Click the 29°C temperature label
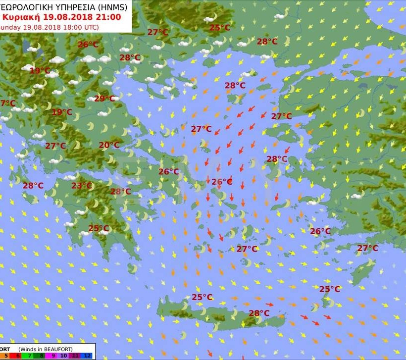(104, 99)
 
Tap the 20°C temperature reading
(109, 145)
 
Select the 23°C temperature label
(82, 186)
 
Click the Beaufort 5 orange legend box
(6, 356)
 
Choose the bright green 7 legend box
(28, 356)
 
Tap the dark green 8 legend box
(39, 356)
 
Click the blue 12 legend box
(87, 356)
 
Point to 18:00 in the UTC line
(75, 27)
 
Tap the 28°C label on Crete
(259, 313)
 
